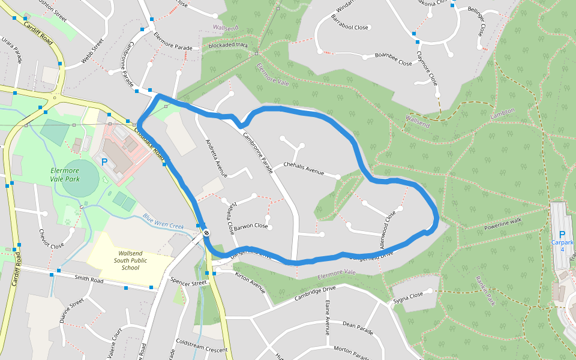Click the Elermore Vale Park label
point(65,175)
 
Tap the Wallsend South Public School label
point(130,260)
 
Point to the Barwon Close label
point(251,226)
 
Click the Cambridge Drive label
point(315,293)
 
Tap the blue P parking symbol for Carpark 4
point(562,235)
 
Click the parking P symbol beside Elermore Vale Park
point(104,161)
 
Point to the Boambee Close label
point(393,59)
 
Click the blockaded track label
point(228,45)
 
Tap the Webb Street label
point(93,52)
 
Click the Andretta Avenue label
point(217,158)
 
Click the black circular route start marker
point(206,232)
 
